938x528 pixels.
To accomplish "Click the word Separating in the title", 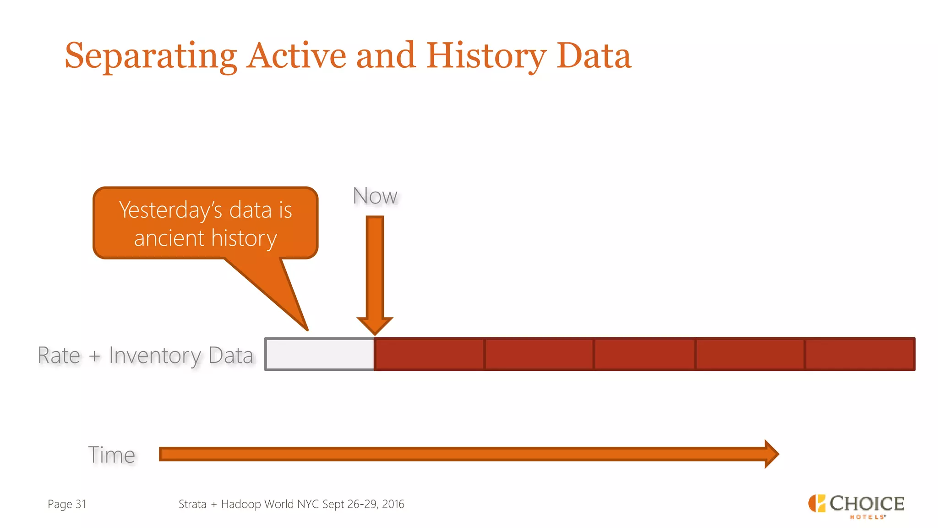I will pos(150,56).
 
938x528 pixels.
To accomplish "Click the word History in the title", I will pos(486,56).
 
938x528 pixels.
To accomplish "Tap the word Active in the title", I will pos(296,56).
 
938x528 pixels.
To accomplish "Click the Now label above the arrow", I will pos(375,196).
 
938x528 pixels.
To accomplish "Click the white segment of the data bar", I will pos(320,354).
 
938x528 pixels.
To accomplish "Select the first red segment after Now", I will pos(429,354).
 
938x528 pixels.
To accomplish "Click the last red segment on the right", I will pos(860,354).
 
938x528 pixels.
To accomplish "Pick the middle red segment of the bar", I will pos(644,354).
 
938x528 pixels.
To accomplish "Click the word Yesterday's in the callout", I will pos(170,210).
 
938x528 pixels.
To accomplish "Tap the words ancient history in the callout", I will pos(205,238).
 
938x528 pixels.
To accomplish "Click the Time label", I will pos(112,455).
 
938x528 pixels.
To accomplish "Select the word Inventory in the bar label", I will pos(155,356).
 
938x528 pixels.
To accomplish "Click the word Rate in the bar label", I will pos(59,356).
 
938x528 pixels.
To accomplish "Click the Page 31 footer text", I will pos(67,504).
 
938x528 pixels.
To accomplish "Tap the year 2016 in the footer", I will pos(393,504).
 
